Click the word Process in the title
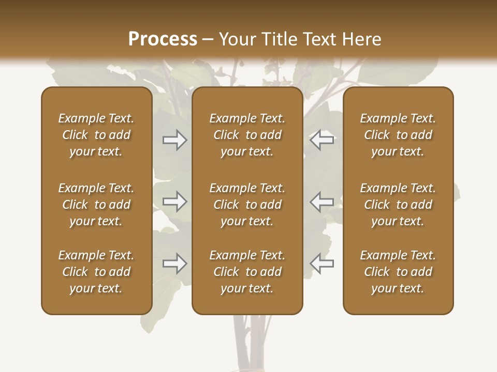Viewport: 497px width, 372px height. coord(162,39)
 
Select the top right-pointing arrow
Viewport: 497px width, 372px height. coord(174,140)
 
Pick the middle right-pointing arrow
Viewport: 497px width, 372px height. coord(174,202)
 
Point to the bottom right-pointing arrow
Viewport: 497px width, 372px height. coord(174,264)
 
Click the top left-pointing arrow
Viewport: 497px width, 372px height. coord(322,140)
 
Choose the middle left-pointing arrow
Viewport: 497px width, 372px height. coord(322,202)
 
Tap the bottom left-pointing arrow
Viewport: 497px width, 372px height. coord(322,264)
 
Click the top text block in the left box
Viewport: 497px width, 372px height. coord(96,135)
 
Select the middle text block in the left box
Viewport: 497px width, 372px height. coord(96,205)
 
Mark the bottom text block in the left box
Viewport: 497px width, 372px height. coord(96,272)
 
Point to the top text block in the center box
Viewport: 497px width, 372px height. coord(247,135)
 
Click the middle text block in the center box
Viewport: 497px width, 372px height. coord(247,205)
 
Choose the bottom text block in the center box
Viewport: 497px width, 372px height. coord(247,272)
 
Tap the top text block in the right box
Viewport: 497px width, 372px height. coord(398,135)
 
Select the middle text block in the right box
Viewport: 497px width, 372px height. coord(398,205)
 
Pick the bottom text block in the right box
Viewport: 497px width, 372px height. coord(398,272)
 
